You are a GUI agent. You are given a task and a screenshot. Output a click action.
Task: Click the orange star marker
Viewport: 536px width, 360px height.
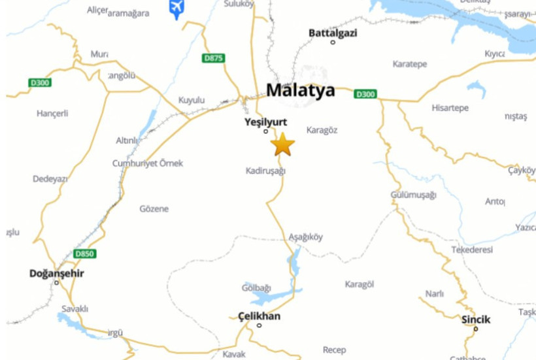(x=282, y=144)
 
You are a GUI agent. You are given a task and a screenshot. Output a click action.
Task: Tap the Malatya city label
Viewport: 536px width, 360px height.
(x=301, y=90)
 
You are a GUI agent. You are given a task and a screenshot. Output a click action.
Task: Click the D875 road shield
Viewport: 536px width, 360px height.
(x=213, y=58)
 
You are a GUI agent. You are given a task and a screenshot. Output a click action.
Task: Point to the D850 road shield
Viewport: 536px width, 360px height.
(x=84, y=254)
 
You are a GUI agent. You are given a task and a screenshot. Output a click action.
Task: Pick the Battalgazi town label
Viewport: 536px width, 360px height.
(x=333, y=33)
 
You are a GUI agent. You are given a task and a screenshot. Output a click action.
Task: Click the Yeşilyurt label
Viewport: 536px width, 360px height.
(x=265, y=122)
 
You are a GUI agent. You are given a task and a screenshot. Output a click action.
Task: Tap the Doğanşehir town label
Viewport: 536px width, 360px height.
(x=57, y=273)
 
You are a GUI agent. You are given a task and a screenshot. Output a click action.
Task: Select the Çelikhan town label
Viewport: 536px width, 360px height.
(x=260, y=316)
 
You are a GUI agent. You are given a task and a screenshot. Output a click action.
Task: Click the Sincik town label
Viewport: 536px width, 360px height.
(x=476, y=319)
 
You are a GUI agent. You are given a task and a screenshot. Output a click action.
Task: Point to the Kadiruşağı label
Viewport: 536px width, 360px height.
(x=266, y=171)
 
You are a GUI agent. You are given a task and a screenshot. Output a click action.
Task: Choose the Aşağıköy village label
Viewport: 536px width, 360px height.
(x=305, y=237)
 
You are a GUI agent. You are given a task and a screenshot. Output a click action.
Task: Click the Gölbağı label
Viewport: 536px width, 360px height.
(x=256, y=287)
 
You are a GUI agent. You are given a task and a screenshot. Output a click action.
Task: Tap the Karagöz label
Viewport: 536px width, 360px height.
(x=322, y=130)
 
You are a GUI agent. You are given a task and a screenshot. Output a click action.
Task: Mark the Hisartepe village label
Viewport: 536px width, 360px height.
(x=450, y=108)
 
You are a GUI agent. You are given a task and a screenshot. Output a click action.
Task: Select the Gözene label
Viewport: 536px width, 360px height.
(x=154, y=209)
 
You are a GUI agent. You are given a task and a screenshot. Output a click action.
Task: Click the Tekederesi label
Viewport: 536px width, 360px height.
(x=472, y=250)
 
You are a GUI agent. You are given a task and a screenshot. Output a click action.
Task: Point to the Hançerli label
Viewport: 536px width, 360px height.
(x=52, y=113)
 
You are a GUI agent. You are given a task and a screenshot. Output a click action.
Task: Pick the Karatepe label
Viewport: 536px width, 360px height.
(x=410, y=64)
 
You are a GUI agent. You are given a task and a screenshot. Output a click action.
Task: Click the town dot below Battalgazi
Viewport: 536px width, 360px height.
(x=333, y=42)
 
